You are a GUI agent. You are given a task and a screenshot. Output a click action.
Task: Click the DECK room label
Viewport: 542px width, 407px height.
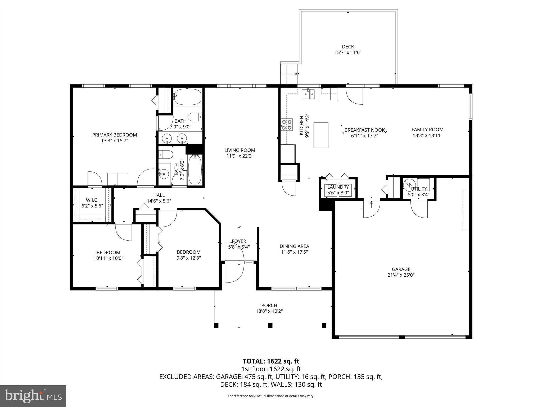point(348,47)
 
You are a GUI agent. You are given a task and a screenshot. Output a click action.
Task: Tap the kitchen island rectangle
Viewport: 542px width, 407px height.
point(321,135)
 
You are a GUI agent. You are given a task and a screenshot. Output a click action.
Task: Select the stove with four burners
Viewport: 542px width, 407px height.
point(287,125)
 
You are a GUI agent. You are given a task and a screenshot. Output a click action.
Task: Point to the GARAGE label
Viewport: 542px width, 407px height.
point(401,269)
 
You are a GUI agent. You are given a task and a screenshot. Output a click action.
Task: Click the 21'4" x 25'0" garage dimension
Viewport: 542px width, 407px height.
point(401,275)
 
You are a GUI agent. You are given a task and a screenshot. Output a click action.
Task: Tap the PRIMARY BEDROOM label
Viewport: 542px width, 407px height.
point(114,135)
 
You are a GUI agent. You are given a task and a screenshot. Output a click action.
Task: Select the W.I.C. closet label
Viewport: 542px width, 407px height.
point(92,200)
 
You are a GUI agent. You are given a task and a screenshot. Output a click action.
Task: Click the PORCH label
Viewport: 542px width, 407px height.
point(269,305)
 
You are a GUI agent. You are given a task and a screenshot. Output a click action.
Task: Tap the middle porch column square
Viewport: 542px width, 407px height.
point(270,325)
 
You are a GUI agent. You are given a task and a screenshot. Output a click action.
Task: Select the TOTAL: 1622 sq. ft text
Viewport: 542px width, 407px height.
point(271,361)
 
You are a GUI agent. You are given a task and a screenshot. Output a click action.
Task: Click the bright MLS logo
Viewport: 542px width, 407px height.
point(33,396)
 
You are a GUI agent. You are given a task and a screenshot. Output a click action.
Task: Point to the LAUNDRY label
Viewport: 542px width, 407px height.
point(338,187)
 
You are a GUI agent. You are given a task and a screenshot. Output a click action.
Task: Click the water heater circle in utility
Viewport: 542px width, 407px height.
point(409,184)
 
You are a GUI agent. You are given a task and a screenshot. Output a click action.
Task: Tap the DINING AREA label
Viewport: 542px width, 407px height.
point(294,246)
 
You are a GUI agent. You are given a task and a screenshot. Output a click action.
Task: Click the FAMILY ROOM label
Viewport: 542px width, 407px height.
point(427,130)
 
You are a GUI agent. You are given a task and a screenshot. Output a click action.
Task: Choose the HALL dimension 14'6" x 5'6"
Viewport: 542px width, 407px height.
point(159,201)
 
